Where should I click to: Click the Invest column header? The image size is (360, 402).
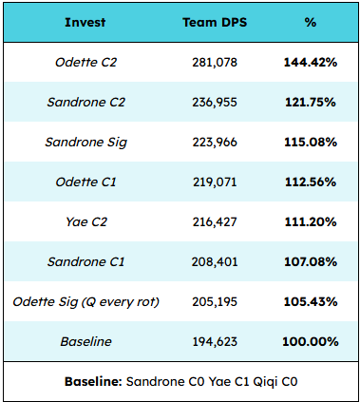tap(85, 23)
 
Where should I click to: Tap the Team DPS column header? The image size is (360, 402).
tap(215, 23)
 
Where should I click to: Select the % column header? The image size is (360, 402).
tap(311, 23)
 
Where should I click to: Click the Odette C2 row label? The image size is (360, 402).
tap(86, 63)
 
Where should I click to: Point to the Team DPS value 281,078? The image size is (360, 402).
tap(215, 63)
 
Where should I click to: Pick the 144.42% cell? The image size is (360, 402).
tap(311, 63)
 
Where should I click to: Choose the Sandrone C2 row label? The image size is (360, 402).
tap(86, 103)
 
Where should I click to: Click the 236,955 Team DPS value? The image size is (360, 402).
tap(215, 103)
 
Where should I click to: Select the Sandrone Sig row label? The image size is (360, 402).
tap(86, 143)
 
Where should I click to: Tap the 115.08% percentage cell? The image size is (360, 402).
tap(311, 143)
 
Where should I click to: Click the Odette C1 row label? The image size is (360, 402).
tap(86, 182)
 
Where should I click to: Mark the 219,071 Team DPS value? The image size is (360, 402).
tap(215, 182)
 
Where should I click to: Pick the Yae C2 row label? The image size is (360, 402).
tap(86, 222)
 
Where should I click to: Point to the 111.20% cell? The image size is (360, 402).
tap(311, 222)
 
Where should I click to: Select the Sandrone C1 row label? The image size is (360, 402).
tap(86, 262)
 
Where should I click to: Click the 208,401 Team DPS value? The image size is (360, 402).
tap(215, 262)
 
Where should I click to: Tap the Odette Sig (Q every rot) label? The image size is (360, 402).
tap(86, 302)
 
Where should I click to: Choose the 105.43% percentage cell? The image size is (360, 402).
tap(311, 302)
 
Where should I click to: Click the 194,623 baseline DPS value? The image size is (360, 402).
tap(215, 342)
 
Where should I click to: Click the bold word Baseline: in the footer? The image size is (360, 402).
tap(93, 382)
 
